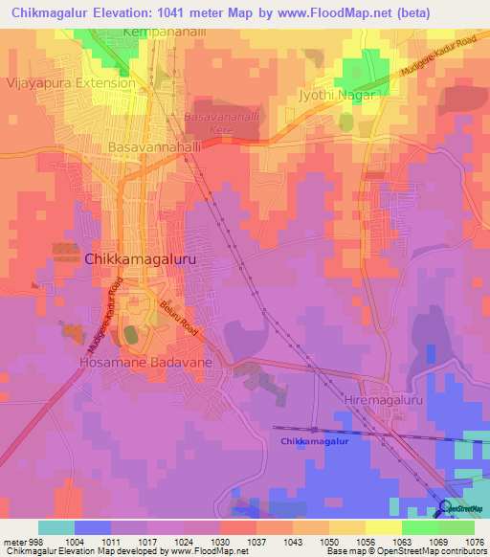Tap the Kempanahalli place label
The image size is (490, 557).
coord(165,33)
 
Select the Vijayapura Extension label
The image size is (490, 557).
coord(71,83)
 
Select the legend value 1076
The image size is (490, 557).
coord(474,542)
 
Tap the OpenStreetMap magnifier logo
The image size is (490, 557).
coord(444,507)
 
